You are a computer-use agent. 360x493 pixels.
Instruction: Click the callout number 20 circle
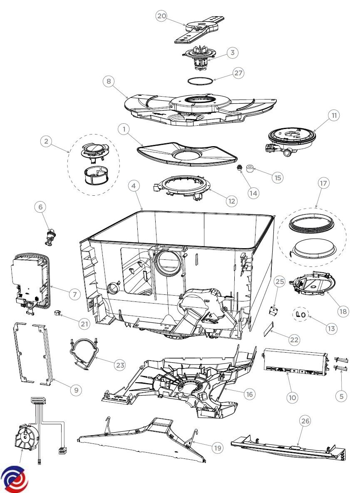coord(161,16)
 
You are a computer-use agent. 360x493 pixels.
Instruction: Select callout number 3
coord(232,53)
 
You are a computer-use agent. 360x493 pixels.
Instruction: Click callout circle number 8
coord(109,82)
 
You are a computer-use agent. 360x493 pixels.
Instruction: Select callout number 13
coord(331,329)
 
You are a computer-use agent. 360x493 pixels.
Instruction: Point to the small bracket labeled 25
coord(273,310)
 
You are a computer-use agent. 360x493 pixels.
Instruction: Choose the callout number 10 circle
coord(292,398)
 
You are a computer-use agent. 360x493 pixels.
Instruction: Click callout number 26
coord(305,421)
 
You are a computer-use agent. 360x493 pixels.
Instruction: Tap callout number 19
coord(217,448)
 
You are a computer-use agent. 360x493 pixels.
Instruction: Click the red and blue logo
coord(15,479)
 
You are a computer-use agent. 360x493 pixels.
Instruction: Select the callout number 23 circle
coord(120,365)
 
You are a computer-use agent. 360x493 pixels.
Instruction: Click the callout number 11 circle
coord(333,115)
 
